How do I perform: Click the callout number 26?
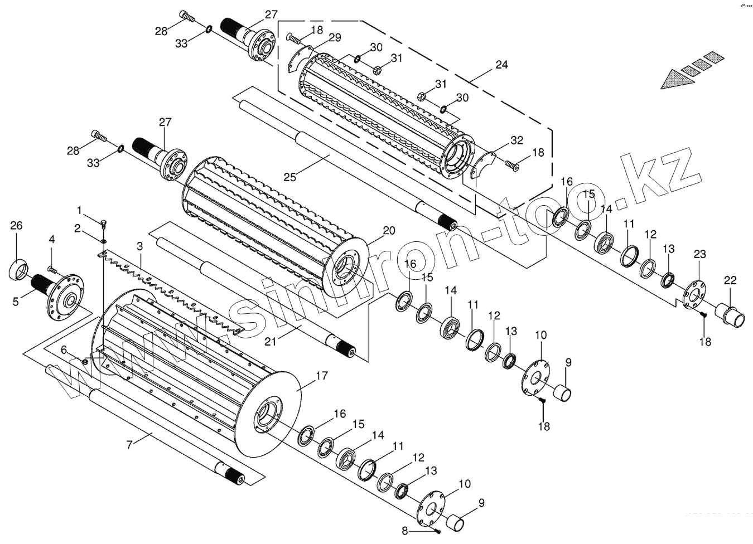pos(16,226)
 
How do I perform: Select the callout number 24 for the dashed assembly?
pos(501,65)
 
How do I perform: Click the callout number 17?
pos(322,376)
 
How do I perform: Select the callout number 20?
pos(389,231)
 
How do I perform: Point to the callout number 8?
pos(406,531)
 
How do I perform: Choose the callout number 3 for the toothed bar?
pos(139,246)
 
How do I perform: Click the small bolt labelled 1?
pos(104,224)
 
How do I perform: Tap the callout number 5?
pos(16,302)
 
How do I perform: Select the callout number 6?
pos(64,349)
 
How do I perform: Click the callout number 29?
pos(335,37)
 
